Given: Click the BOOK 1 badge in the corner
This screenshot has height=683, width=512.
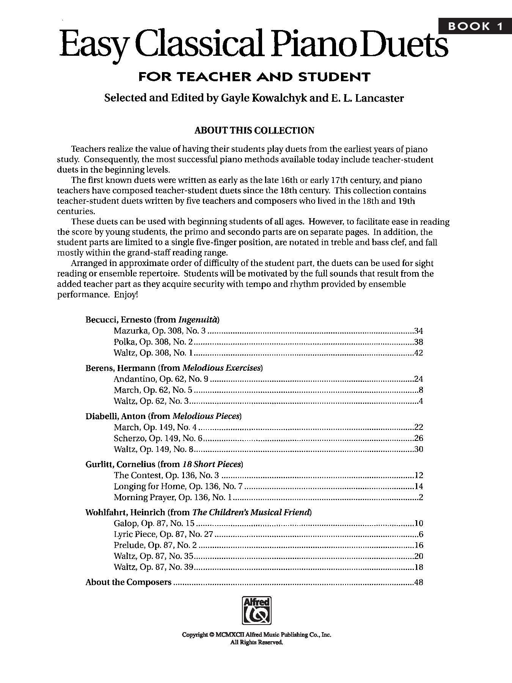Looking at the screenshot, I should coord(475,27).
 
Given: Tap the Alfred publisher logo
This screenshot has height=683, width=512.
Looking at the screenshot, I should coord(256,611).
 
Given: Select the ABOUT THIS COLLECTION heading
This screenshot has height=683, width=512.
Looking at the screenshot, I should coord(254,131).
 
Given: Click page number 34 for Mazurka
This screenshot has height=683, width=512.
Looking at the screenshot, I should coord(418,331).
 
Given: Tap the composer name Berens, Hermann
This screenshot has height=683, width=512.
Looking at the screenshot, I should coord(121,368).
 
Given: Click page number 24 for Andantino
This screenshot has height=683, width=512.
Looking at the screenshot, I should coord(418,379).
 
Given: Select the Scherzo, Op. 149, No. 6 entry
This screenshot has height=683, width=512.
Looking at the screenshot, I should coord(158,439).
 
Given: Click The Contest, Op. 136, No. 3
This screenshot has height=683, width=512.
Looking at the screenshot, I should coord(166,475).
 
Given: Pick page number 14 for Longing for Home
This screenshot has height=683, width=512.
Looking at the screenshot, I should coord(418,486).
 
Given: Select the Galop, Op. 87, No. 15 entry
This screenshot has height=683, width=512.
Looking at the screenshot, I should coord(154,524).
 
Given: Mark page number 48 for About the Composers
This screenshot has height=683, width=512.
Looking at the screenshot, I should coord(418,582).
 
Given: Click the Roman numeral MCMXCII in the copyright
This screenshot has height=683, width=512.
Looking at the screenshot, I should coord(231,635).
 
